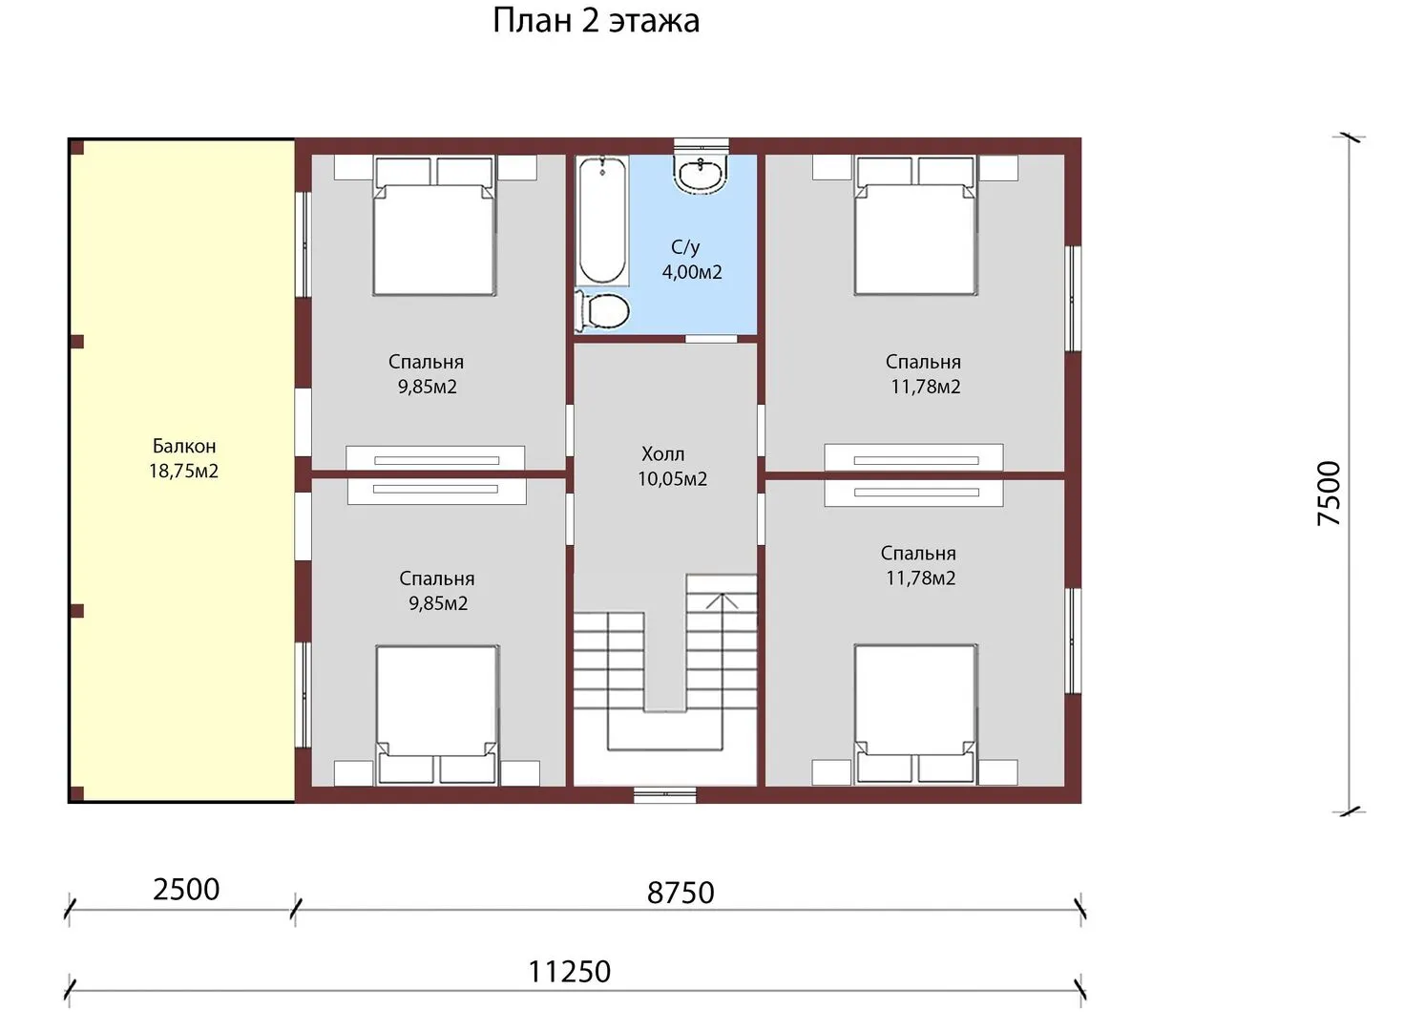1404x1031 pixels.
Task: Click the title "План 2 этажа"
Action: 596,21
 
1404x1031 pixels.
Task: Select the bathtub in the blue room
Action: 601,221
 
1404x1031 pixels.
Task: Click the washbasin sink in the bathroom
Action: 701,174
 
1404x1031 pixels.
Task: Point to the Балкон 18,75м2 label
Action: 183,458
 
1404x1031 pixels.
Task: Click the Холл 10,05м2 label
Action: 672,466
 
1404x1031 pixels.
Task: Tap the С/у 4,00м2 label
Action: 692,260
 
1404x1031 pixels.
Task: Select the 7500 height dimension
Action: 1329,494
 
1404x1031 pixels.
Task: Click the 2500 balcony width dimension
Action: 186,890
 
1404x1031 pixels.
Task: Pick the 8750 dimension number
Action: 681,894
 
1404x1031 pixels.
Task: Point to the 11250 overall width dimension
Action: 569,972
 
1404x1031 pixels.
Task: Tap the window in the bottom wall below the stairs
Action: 665,794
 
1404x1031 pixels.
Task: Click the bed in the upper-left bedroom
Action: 435,225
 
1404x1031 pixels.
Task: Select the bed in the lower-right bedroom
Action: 915,714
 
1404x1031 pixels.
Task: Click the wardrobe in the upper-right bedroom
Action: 913,457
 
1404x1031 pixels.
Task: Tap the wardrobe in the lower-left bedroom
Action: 437,492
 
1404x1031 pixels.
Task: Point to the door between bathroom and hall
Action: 711,339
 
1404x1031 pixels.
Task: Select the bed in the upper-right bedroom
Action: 915,225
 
